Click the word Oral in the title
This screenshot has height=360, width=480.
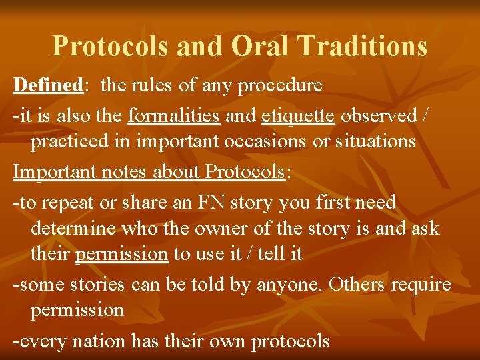[x=261, y=46]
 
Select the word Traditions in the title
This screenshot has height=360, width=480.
[x=363, y=46]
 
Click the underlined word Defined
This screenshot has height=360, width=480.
[x=47, y=85]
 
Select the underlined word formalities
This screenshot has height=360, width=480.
[x=173, y=115]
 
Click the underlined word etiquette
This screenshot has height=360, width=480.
[x=298, y=115]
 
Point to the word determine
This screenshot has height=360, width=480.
[x=73, y=229]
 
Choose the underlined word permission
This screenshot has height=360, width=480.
[x=122, y=255]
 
